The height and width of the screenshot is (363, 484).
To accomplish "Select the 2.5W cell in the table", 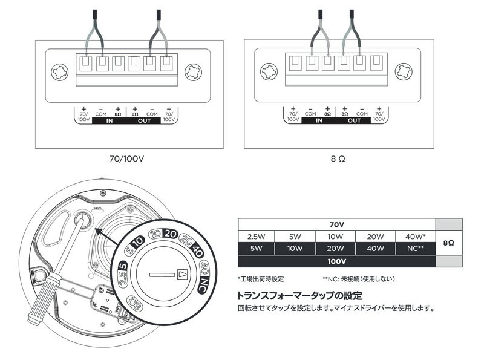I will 256,236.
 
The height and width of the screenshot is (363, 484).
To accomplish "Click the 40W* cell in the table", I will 417,236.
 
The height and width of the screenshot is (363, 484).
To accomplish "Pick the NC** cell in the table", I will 417,248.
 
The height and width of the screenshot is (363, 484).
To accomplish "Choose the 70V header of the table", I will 336,224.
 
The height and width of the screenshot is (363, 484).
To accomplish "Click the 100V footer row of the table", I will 336,261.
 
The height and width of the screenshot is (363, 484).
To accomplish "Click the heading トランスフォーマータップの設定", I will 300,296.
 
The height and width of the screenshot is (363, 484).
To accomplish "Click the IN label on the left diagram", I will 110,120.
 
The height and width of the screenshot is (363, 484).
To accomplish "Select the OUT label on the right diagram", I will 354,120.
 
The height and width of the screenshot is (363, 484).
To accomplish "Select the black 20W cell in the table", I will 336,248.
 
